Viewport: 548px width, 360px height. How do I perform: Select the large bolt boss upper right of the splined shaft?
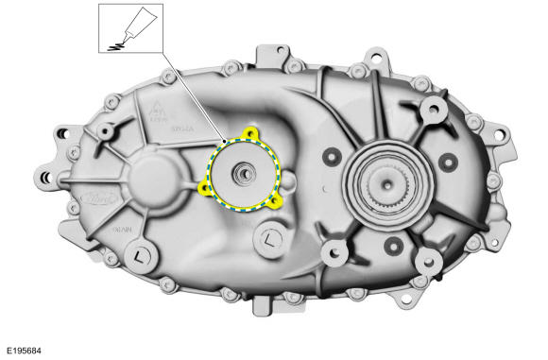[x=435, y=111]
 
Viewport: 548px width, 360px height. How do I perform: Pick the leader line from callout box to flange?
[x=189, y=94]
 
